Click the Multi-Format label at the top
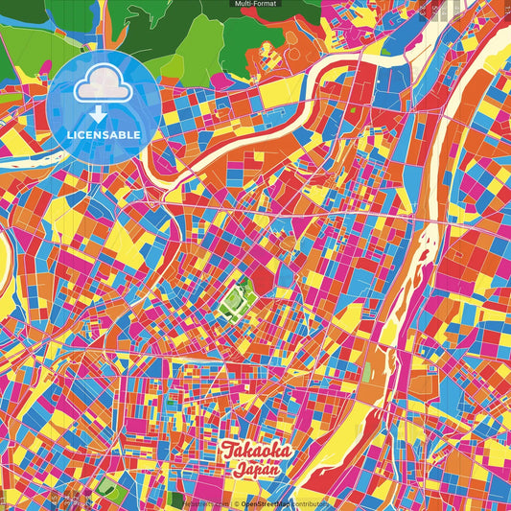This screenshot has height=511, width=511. [x=255, y=4]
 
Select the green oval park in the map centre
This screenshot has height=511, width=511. [x=234, y=302]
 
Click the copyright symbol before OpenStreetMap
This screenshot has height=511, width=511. [x=236, y=502]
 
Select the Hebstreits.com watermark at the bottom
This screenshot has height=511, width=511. [x=204, y=502]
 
